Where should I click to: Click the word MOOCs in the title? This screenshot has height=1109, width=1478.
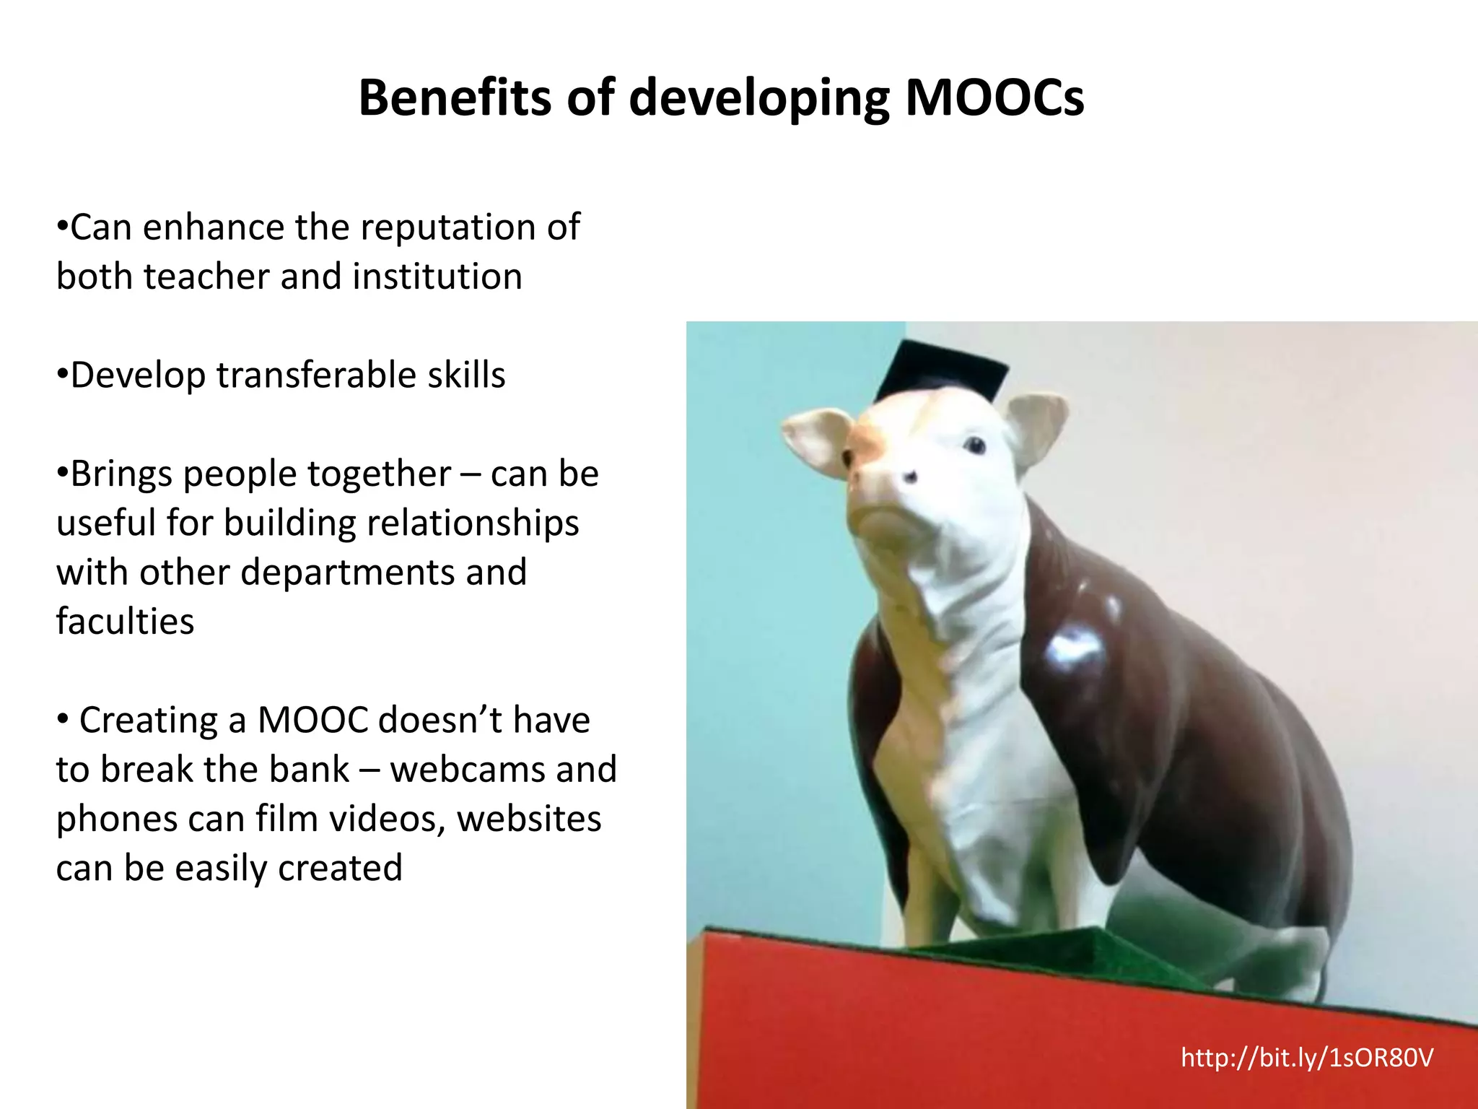click(x=994, y=98)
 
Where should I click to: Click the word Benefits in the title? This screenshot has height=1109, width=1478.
click(x=455, y=98)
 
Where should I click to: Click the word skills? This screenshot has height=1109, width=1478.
click(x=466, y=375)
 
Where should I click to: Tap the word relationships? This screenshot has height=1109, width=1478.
click(x=473, y=523)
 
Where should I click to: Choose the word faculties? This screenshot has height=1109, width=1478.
click(x=125, y=622)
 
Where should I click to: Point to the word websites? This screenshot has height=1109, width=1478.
click(x=529, y=819)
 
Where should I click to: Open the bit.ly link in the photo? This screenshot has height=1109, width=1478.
click(x=1306, y=1058)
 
